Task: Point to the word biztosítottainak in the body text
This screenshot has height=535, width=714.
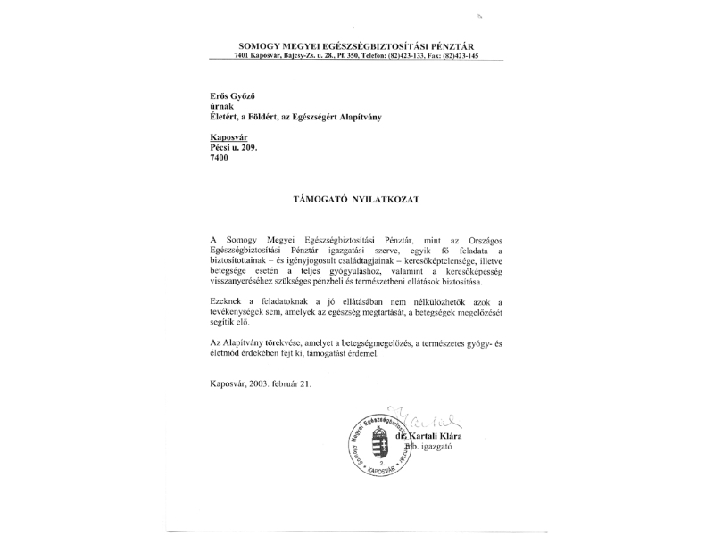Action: click(x=244, y=261)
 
